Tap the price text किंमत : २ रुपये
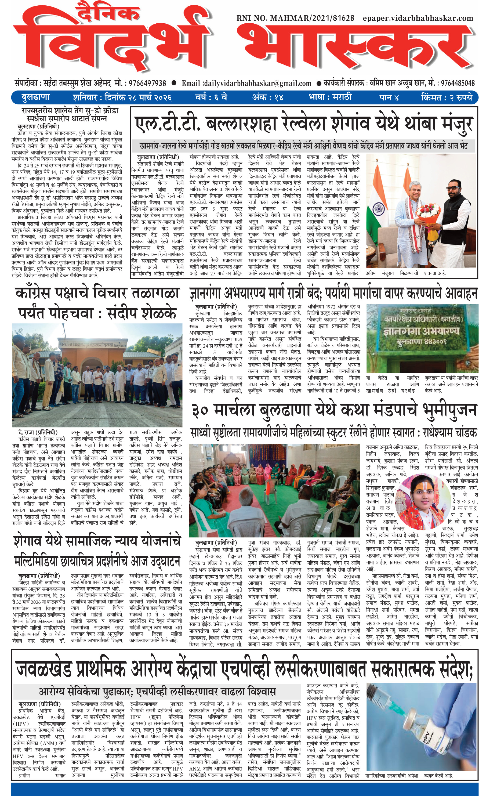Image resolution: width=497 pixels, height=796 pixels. (x=446, y=97)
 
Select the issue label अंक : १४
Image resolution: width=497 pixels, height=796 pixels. (x=268, y=97)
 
